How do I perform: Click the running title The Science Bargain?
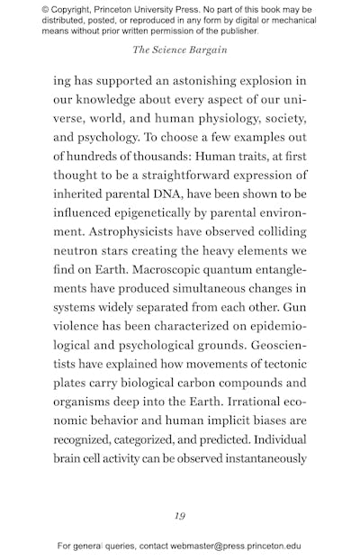click(x=179, y=50)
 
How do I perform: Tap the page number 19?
click(x=180, y=516)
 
